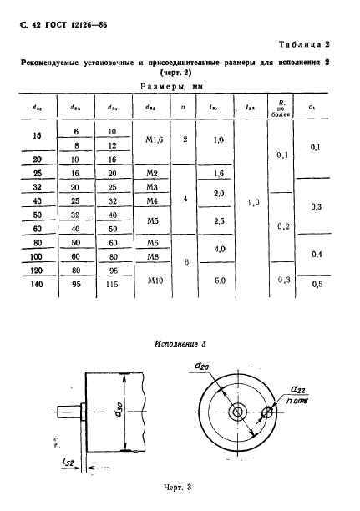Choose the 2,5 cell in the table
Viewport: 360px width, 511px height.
(x=220, y=222)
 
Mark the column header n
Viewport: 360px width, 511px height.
(x=184, y=107)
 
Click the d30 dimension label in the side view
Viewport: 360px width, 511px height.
(x=121, y=411)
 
